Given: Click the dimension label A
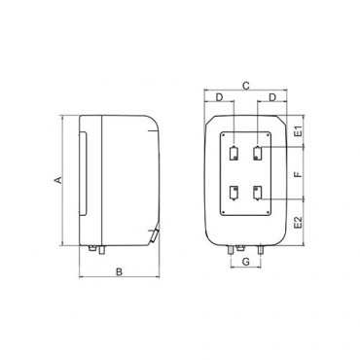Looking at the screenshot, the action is [58, 180].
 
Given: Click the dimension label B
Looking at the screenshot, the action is [120, 271].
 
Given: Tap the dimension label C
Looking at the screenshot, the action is [246, 86].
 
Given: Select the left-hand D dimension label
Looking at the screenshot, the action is [220, 97].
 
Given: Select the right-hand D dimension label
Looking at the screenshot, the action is [272, 97].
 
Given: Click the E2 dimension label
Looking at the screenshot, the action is [298, 223].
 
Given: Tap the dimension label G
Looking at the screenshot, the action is [246, 262].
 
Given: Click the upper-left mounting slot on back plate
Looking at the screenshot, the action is [234, 154].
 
